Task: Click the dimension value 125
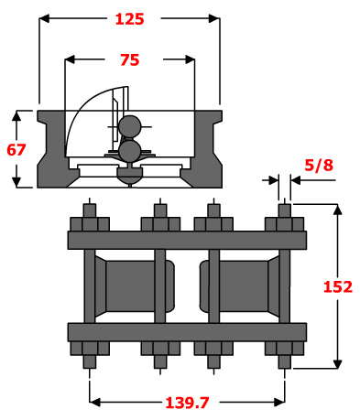tap(129, 19)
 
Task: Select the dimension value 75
tap(130, 59)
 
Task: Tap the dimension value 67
tap(16, 150)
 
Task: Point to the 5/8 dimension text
tap(319, 166)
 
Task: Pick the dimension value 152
tap(338, 286)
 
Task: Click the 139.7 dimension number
tap(187, 403)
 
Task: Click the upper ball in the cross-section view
tap(130, 126)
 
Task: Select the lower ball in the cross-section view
tap(130, 150)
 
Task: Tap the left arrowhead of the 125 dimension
tap(45, 18)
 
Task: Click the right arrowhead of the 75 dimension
tap(190, 59)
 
